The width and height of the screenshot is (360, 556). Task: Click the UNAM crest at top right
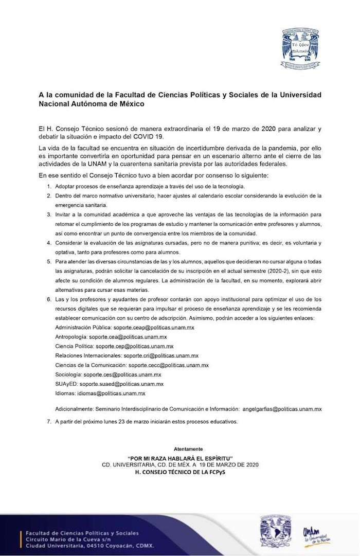pos(303,48)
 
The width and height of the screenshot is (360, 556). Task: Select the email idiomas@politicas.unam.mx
pos(111,393)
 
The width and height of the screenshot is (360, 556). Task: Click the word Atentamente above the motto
pos(188,449)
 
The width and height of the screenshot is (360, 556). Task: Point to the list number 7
pos(48,422)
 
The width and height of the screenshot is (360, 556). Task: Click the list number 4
pos(48,243)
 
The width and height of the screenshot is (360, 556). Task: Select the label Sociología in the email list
pos(68,374)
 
